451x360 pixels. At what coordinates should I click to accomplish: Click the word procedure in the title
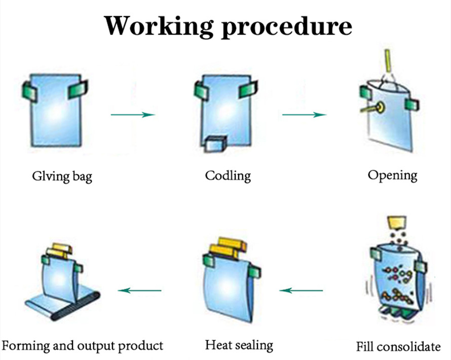coord(283,25)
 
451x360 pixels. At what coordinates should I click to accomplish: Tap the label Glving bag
coord(62,177)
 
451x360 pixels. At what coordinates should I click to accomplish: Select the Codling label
coord(228,176)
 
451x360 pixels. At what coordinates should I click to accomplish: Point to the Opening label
coord(392,175)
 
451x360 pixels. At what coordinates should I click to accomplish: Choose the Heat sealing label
coord(239,346)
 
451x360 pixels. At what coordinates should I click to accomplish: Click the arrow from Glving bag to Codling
coord(132,115)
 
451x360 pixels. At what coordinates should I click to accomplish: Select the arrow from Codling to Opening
coord(304,115)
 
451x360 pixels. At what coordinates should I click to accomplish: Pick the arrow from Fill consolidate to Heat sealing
coord(301,291)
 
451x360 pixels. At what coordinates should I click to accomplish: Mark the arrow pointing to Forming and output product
coord(139,291)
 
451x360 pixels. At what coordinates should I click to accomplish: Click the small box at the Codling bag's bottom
coord(216,143)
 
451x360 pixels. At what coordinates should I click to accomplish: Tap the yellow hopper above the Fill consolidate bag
coord(397,223)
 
